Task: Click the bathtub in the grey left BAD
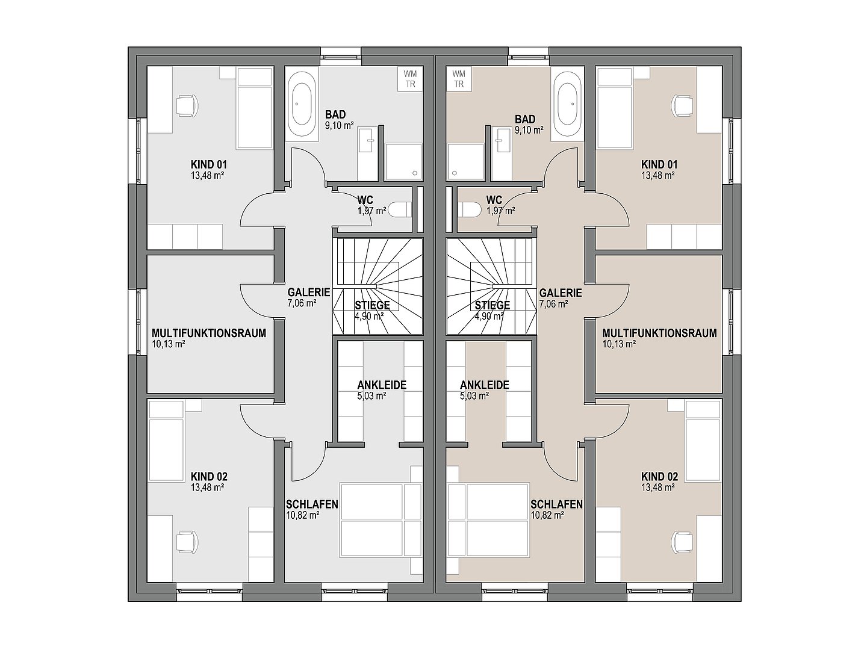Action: pyautogui.click(x=303, y=106)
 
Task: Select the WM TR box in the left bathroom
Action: pyautogui.click(x=410, y=79)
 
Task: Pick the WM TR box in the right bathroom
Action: pyautogui.click(x=459, y=79)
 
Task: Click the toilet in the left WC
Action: pyautogui.click(x=400, y=210)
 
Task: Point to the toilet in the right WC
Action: pyautogui.click(x=469, y=210)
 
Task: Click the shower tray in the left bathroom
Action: pyautogui.click(x=403, y=162)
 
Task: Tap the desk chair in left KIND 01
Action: pyautogui.click(x=186, y=105)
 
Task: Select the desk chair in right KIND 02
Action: pyautogui.click(x=683, y=542)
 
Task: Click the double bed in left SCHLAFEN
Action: pyautogui.click(x=381, y=519)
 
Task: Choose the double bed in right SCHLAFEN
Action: pyautogui.click(x=488, y=519)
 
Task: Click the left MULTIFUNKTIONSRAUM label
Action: pyautogui.click(x=209, y=333)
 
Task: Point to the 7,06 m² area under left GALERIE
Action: pyautogui.click(x=302, y=303)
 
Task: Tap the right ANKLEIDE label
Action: pyautogui.click(x=484, y=385)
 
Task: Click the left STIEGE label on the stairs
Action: pyautogui.click(x=372, y=305)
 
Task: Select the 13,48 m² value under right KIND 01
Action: pyautogui.click(x=657, y=175)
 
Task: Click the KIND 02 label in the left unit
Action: pyautogui.click(x=209, y=477)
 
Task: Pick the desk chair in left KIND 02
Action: pyautogui.click(x=186, y=542)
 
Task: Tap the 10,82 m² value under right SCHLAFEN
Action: pyautogui.click(x=547, y=515)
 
